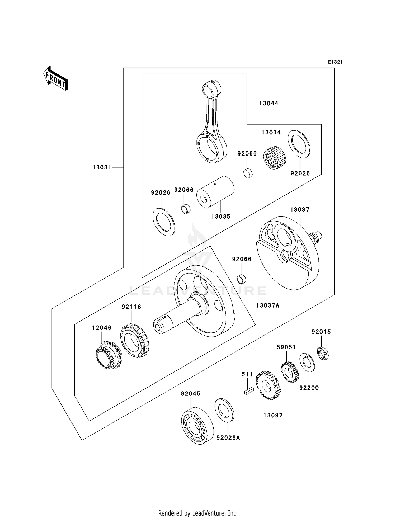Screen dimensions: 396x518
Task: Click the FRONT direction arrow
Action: click(55, 78)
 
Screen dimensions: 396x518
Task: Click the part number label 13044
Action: click(268, 103)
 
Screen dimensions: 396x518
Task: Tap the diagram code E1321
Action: click(335, 62)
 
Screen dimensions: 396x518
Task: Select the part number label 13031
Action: click(102, 167)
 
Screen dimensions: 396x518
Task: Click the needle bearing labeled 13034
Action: click(274, 158)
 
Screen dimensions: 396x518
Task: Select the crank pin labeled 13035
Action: click(215, 192)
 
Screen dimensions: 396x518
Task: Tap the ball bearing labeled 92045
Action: click(197, 425)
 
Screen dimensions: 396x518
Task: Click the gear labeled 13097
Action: click(268, 385)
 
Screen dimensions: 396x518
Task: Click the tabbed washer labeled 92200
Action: click(307, 362)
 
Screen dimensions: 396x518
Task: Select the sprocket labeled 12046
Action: click(108, 355)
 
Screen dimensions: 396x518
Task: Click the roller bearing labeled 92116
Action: click(134, 341)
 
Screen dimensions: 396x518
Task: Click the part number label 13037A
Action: click(268, 305)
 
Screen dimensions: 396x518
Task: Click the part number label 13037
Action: click(300, 210)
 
